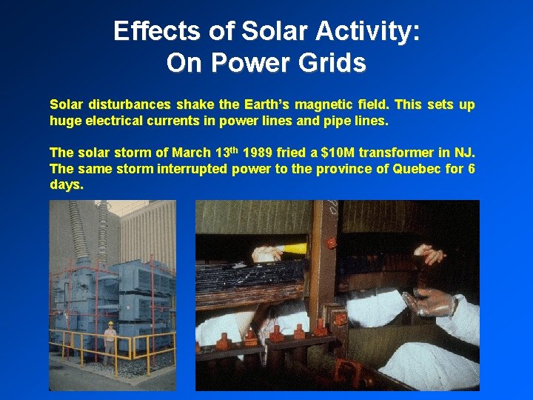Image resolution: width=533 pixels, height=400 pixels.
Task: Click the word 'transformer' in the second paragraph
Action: pyautogui.click(x=397, y=153)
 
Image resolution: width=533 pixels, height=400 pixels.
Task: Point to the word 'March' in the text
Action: pyautogui.click(x=191, y=153)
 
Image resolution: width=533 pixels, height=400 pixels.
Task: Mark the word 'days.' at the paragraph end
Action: pyautogui.click(x=66, y=185)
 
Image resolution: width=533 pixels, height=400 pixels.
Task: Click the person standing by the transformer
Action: pyautogui.click(x=110, y=341)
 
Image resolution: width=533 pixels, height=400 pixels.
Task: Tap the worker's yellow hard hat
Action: pyautogui.click(x=110, y=324)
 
